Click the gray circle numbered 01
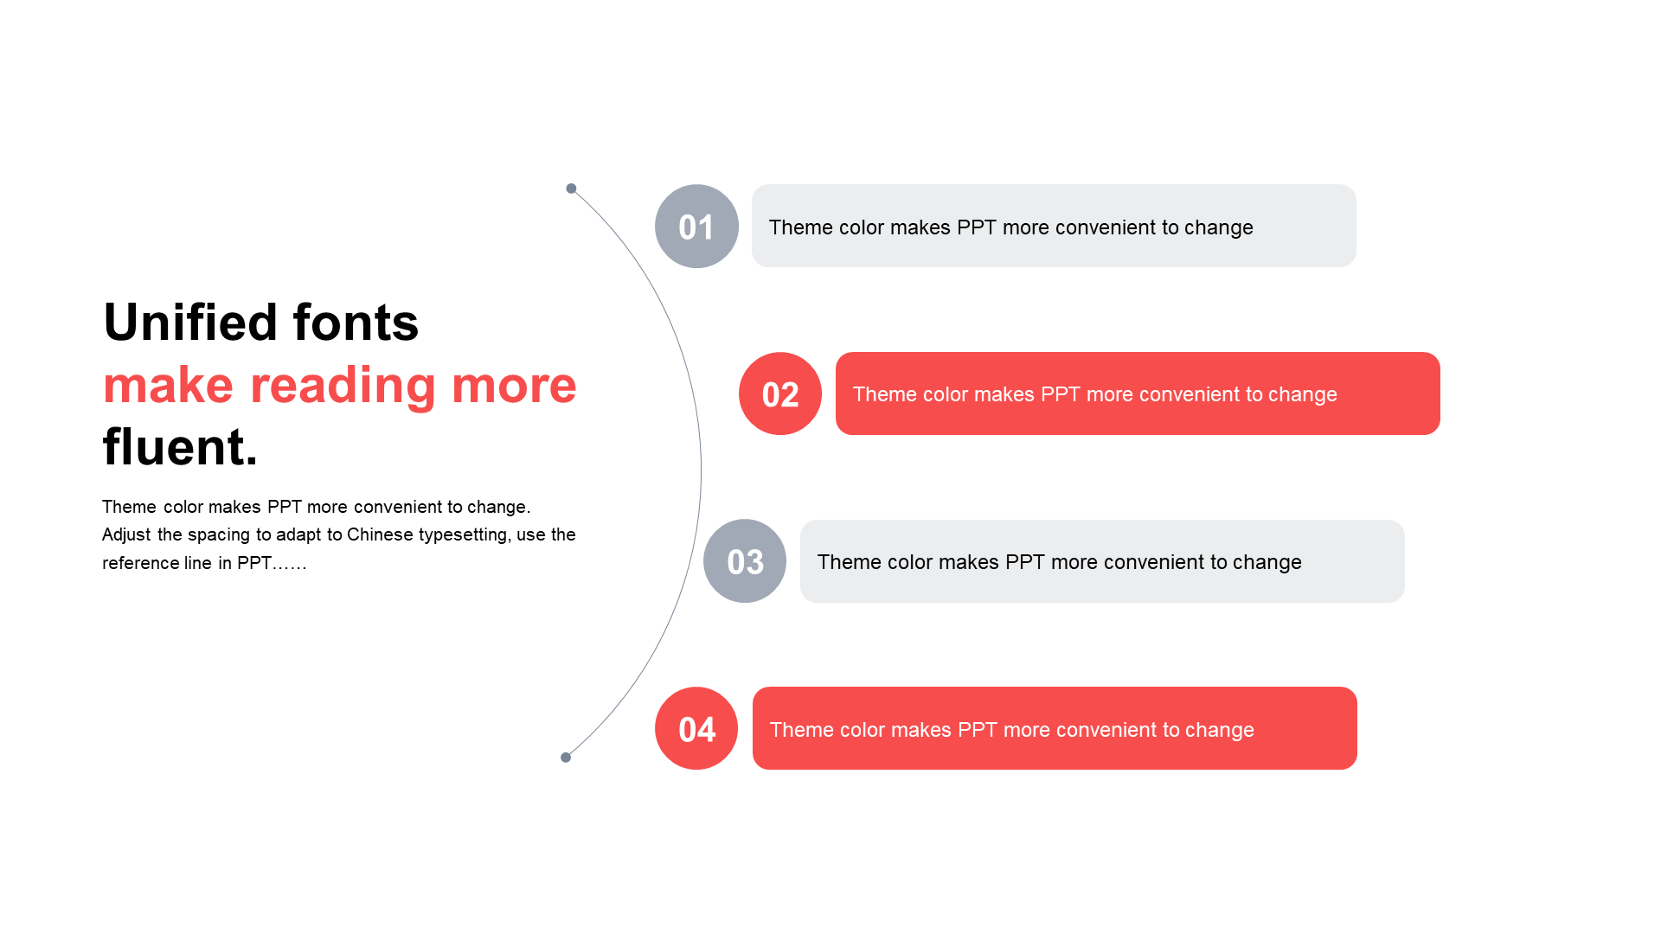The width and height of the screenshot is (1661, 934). pos(696,226)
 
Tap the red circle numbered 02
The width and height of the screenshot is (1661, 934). pos(780,393)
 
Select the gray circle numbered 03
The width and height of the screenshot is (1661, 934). pos(745,560)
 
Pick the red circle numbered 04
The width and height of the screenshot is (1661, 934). pos(696,728)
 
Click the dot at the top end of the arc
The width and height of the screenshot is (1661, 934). pos(571,189)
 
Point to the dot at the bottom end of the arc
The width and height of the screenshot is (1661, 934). pos(566,758)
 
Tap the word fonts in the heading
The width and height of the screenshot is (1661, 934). pos(356,323)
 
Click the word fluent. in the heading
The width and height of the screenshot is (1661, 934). pos(180,447)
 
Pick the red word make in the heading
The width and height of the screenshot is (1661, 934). pos(168,386)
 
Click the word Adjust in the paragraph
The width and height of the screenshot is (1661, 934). pos(126,535)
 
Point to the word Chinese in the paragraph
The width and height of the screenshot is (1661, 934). pos(380,534)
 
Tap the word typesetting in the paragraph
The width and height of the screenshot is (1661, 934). pos(465,535)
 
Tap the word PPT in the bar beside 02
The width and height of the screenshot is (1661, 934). pos(1061,394)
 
